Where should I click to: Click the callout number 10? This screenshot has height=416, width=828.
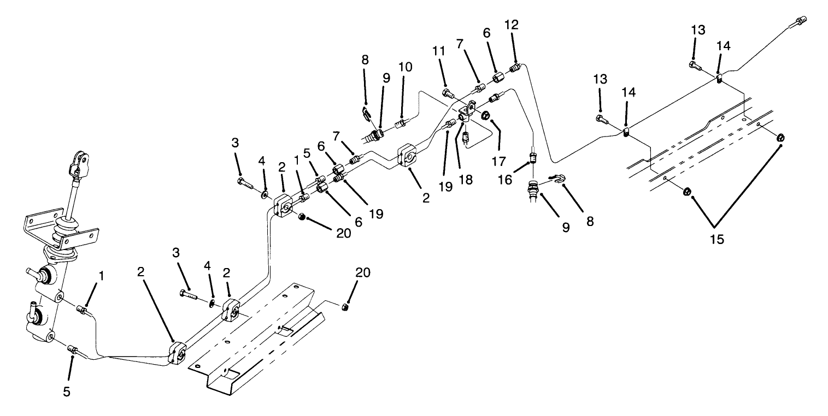pyautogui.click(x=405, y=67)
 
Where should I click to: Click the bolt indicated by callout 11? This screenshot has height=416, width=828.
pyautogui.click(x=448, y=93)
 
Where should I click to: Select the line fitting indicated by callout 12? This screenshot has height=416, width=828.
pyautogui.click(x=514, y=69)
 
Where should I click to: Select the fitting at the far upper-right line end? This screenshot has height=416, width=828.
pyautogui.click(x=801, y=22)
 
